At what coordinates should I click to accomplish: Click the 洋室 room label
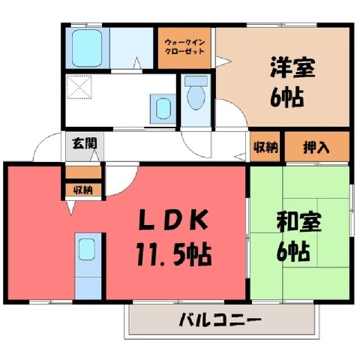tap(292, 67)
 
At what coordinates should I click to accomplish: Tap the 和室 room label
tap(298, 221)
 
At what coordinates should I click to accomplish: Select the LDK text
tap(173, 220)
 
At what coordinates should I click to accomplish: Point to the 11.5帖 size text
tap(174, 254)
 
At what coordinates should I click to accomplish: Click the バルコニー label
tap(220, 319)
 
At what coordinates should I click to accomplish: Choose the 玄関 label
tap(85, 143)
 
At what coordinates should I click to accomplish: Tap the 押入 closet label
tap(316, 147)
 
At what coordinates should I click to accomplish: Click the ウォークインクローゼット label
tap(184, 46)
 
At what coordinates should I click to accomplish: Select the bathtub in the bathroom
tap(87, 48)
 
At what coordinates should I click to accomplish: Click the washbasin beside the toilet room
tap(163, 109)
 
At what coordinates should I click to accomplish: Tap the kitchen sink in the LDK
tap(87, 249)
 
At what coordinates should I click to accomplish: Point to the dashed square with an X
tap(79, 86)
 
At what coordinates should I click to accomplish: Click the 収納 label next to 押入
tap(265, 148)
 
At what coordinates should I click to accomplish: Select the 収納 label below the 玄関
tap(83, 190)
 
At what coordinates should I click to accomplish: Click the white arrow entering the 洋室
tap(223, 61)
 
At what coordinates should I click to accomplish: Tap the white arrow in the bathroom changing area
tap(137, 63)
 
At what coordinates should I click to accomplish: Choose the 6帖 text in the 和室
tap(293, 251)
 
